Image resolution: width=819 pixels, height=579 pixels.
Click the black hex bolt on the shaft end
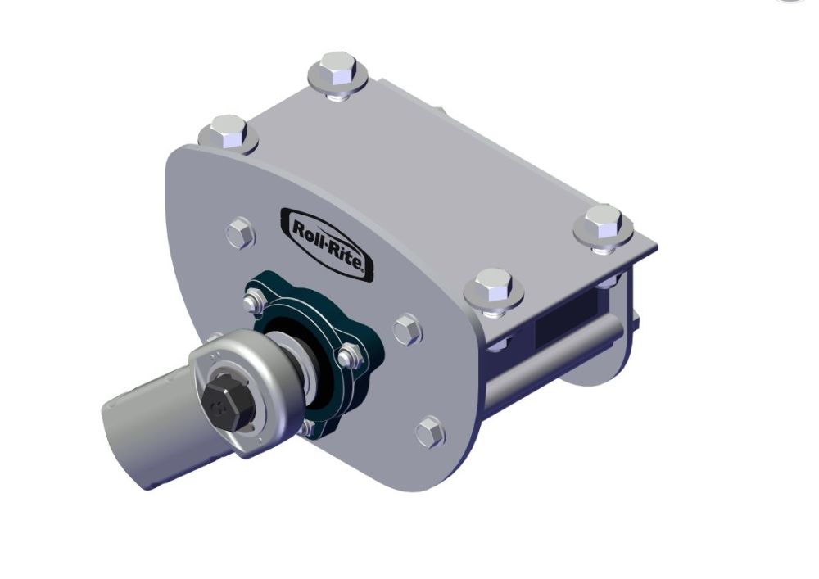[222, 403]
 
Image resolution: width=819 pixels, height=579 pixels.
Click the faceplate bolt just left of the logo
[239, 233]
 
